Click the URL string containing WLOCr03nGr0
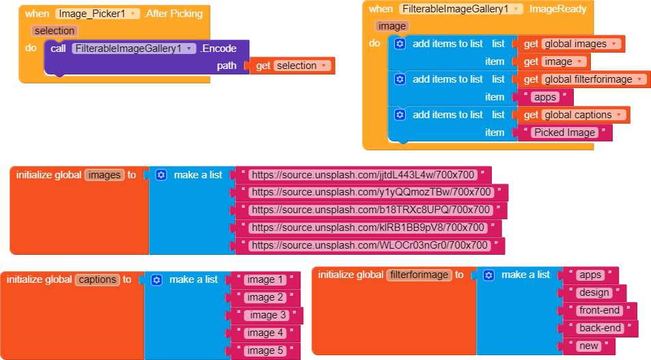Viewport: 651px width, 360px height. tap(370, 245)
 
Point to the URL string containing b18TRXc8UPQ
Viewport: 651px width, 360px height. tap(371, 210)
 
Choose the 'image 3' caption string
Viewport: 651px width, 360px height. tap(268, 315)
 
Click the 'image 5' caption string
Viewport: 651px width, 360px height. tap(265, 350)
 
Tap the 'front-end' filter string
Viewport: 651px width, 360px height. tap(599, 310)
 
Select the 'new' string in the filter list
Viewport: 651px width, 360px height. tap(588, 346)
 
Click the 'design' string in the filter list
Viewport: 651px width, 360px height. tap(593, 292)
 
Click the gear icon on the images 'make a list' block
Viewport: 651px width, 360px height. tap(161, 175)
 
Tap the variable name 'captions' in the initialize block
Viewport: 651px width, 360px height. tap(97, 279)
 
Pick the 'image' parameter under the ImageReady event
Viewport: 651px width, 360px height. tap(392, 26)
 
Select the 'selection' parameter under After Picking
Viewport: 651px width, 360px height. tap(55, 31)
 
